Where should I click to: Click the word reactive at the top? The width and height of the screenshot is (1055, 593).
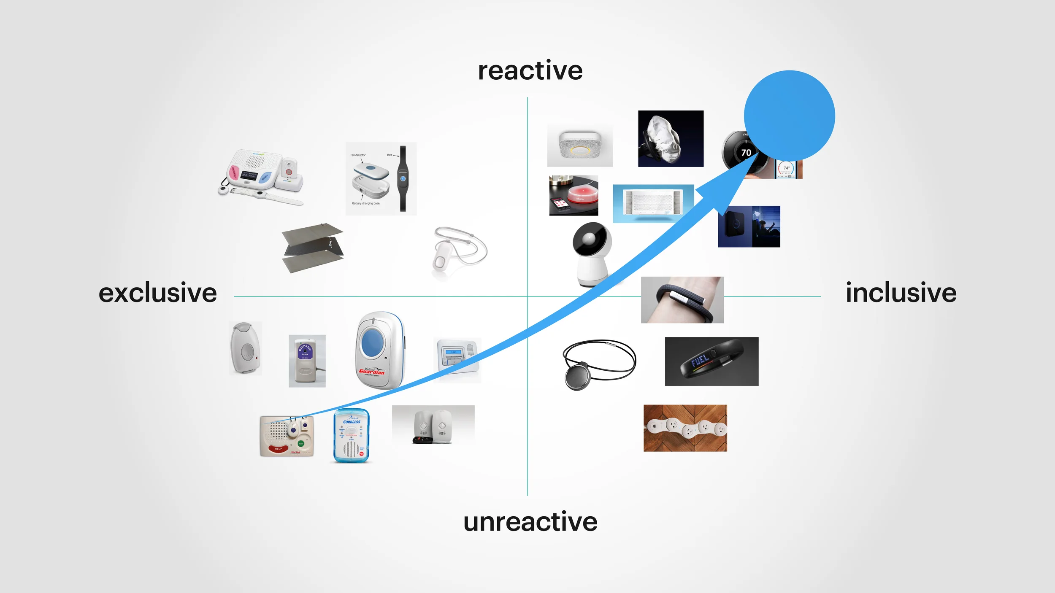[x=530, y=71]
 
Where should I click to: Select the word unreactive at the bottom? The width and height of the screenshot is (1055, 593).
[x=530, y=522]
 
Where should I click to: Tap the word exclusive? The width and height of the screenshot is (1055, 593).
[x=157, y=293]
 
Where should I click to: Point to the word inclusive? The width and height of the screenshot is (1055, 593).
[x=901, y=293]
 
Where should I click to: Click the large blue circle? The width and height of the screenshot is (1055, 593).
[x=789, y=115]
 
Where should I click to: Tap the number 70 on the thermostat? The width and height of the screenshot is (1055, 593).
[x=746, y=153]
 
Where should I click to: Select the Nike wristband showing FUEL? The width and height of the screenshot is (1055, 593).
[x=711, y=361]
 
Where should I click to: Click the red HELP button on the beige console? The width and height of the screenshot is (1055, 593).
[x=278, y=449]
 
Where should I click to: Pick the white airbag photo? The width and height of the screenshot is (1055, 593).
[x=670, y=138]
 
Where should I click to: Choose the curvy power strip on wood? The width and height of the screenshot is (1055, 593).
[x=685, y=428]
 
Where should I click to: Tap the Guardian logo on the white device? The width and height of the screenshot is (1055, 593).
[x=371, y=371]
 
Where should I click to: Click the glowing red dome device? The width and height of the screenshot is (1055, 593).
[x=583, y=194]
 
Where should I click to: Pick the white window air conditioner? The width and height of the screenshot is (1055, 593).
[x=652, y=203]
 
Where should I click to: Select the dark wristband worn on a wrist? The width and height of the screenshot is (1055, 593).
[x=682, y=300]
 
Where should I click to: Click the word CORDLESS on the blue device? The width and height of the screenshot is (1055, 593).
[x=352, y=422]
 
